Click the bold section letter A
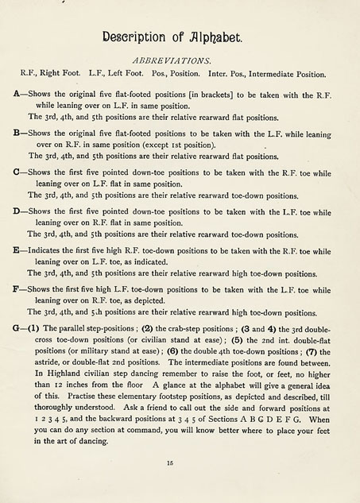pyautogui.click(x=17, y=94)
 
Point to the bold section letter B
pyautogui.click(x=17, y=135)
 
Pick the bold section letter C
pyautogui.click(x=17, y=170)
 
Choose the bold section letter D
pyautogui.click(x=17, y=212)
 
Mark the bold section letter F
pyautogui.click(x=17, y=289)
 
